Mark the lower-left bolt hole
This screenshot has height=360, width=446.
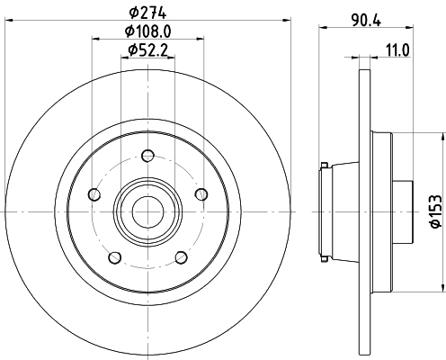114,257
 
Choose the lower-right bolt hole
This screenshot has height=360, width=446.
180,257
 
